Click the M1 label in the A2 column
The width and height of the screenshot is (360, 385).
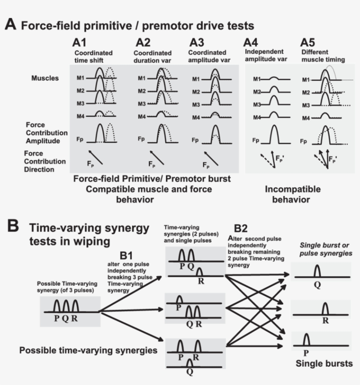[x=141, y=79]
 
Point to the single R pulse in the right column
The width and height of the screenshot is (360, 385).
[x=325, y=309]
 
